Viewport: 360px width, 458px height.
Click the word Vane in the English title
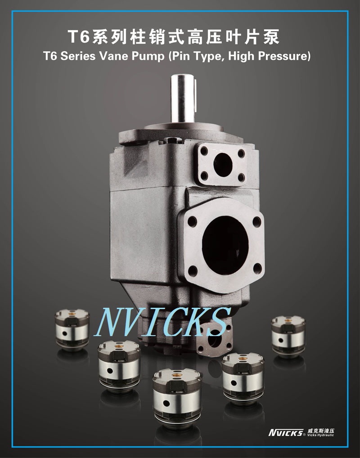(113, 56)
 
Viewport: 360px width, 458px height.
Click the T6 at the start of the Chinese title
(78, 36)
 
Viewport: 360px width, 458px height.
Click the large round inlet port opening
(225, 246)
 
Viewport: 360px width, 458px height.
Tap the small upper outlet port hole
(223, 165)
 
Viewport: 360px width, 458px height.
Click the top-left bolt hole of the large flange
(192, 221)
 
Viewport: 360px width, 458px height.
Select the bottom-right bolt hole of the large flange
(257, 268)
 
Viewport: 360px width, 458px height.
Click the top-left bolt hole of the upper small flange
(204, 151)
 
